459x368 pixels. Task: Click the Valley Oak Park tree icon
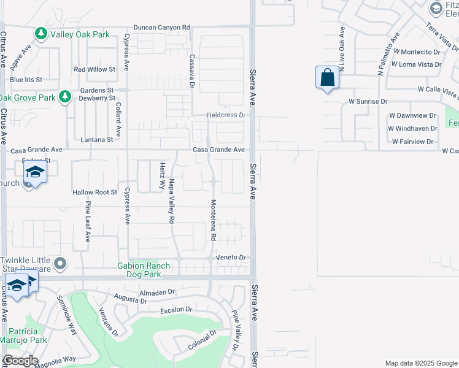click(41, 34)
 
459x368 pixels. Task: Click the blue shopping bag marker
click(327, 79)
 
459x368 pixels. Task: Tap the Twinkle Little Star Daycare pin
click(60, 264)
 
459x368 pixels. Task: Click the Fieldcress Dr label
click(225, 115)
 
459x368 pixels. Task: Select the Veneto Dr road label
click(231, 258)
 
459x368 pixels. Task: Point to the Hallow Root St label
click(94, 192)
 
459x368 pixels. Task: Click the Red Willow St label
click(94, 69)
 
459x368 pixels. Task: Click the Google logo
click(20, 361)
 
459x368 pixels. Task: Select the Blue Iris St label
click(26, 80)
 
